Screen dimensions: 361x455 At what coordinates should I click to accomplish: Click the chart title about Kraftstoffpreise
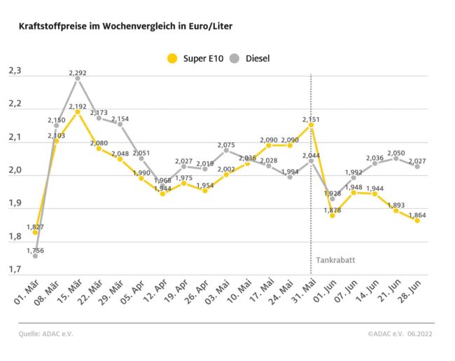tap(126, 26)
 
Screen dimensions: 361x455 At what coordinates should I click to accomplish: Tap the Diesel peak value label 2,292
tap(77, 71)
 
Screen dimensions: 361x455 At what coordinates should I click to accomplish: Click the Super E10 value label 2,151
tap(311, 119)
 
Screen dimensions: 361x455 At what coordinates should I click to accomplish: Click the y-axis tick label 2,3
tap(15, 71)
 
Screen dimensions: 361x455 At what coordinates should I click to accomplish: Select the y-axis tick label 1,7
tap(15, 269)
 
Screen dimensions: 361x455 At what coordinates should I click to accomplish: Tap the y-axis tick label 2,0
tap(15, 170)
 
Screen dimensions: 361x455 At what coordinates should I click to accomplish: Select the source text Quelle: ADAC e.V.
tap(46, 334)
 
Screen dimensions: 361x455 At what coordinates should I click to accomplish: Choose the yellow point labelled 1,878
tap(332, 215)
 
